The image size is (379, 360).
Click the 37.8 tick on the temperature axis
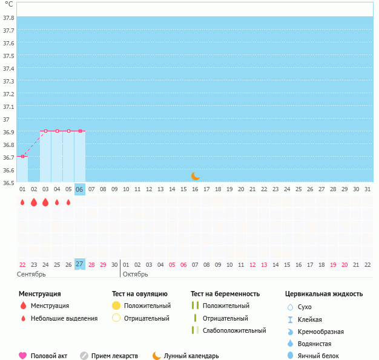[x=8, y=18]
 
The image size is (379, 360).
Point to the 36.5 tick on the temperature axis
[x=8, y=182]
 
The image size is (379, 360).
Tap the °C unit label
[x=8, y=4]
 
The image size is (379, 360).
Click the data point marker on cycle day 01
[x=22, y=156]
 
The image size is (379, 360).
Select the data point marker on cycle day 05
[x=68, y=131]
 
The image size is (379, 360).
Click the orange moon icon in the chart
[x=195, y=176]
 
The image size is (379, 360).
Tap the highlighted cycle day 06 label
[x=80, y=189]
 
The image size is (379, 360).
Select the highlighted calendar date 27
[x=80, y=264]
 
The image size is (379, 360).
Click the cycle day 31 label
[x=367, y=189]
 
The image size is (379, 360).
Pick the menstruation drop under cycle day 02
[x=34, y=202]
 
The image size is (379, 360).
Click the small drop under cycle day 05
[x=68, y=202]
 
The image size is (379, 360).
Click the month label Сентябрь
[x=31, y=274]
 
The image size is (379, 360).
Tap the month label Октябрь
[x=136, y=274]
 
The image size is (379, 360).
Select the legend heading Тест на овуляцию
[x=140, y=294]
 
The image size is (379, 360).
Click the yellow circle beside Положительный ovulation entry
[x=117, y=306]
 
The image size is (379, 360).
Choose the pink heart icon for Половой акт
[x=23, y=356]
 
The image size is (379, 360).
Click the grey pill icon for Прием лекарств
[x=84, y=356]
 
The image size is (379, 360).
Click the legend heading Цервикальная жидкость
[x=324, y=294]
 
